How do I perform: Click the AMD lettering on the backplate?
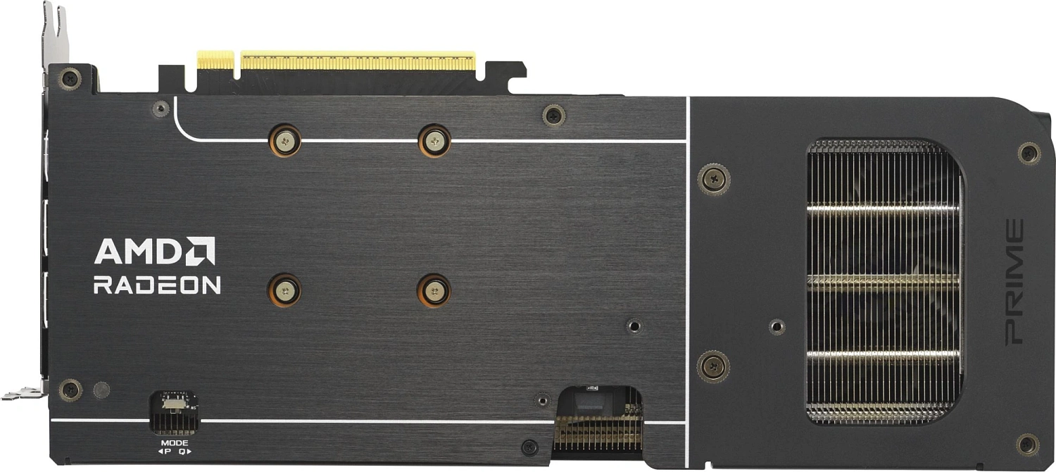click(137, 251)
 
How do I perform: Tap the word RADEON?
click(157, 285)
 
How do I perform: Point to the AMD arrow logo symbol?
click(201, 251)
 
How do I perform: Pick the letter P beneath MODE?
click(168, 452)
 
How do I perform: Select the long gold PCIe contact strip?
click(358, 61)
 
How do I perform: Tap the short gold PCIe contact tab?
click(215, 60)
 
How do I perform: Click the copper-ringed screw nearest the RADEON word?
click(284, 290)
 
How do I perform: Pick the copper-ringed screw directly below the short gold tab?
click(285, 140)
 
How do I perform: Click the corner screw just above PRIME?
click(1029, 153)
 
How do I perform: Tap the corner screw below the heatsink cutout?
click(1027, 445)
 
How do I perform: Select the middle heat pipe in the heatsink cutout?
click(883, 282)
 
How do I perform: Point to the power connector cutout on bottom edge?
click(598, 423)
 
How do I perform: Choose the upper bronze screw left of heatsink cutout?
click(714, 179)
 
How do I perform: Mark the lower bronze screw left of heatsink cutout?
click(713, 366)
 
